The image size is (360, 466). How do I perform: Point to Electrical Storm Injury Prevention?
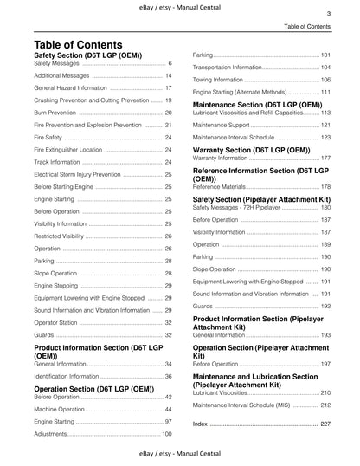click(x=77, y=174)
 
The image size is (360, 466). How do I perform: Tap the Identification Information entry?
click(x=73, y=377)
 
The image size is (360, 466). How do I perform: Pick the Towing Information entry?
click(x=217, y=80)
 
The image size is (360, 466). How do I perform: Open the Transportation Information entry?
click(x=227, y=67)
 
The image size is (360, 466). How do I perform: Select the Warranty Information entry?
click(x=225, y=159)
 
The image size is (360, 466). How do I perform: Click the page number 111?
click(x=325, y=92)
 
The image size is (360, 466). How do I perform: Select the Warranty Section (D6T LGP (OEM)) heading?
click(x=251, y=150)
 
